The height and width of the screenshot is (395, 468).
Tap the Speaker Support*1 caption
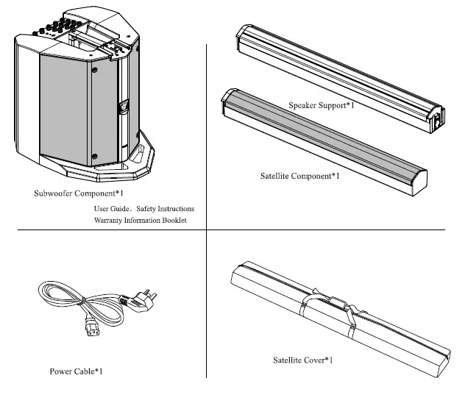pyautogui.click(x=322, y=106)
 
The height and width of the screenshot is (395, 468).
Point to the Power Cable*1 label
pyautogui.click(x=76, y=371)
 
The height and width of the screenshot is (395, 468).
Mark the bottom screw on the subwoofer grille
pyautogui.click(x=94, y=154)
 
